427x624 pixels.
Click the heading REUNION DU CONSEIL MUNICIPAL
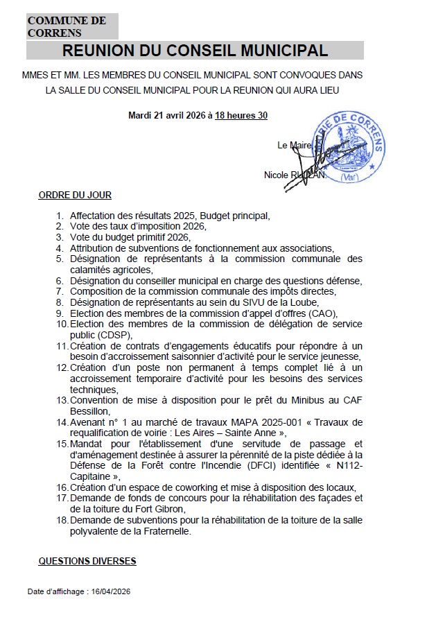(x=195, y=51)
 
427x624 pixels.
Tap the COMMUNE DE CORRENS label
(x=67, y=26)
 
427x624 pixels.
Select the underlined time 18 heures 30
(x=241, y=115)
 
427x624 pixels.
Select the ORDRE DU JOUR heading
(x=75, y=196)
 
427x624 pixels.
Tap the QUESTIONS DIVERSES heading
(x=87, y=560)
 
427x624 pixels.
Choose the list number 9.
(x=60, y=313)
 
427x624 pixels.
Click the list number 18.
(x=62, y=519)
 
